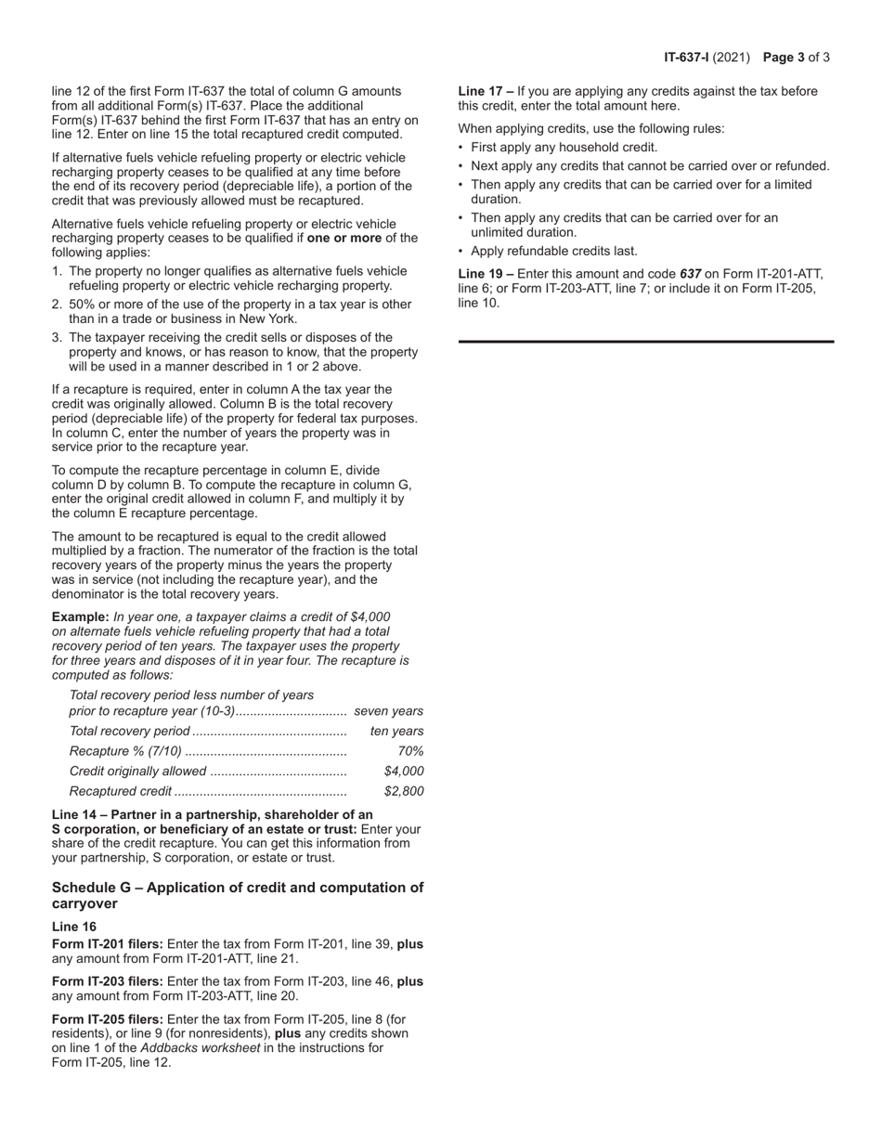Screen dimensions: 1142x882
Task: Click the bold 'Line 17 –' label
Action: pos(486,91)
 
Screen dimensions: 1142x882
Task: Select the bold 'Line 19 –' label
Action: pos(486,274)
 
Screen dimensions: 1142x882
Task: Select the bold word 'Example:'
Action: pos(81,616)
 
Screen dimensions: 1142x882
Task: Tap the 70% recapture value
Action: pos(409,751)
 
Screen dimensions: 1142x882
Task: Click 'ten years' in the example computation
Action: pos(396,731)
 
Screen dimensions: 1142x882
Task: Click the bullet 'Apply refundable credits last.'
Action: pos(553,251)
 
